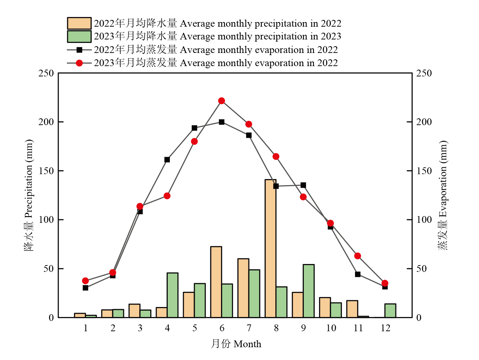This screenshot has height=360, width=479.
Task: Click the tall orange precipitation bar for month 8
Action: point(270,249)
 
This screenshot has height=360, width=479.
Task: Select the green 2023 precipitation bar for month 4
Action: point(172,295)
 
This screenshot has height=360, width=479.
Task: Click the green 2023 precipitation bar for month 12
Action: point(390,311)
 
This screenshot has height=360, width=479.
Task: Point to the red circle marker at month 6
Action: point(221,101)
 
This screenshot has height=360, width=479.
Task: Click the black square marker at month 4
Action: point(167,160)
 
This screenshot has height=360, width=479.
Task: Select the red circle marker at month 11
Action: point(357,256)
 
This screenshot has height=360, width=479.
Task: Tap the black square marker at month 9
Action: point(303,185)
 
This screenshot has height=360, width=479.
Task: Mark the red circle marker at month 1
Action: point(85,281)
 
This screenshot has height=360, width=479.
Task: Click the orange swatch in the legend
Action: point(79,23)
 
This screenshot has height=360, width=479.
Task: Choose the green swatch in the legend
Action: point(79,36)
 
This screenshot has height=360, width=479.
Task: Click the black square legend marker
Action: point(79,50)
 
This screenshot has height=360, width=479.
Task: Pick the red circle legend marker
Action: point(79,63)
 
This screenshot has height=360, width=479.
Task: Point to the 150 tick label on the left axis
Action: point(46,171)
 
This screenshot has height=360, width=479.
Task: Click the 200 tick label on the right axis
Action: point(424,122)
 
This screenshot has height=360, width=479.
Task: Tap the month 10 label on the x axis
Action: point(331,328)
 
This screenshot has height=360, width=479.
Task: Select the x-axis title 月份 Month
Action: point(236,344)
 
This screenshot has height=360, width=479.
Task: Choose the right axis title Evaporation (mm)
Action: point(443,195)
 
